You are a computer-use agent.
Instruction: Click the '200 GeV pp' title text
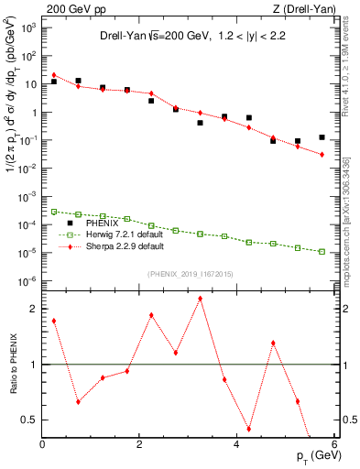pos(75,8)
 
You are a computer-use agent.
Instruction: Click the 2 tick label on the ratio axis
pos(33,309)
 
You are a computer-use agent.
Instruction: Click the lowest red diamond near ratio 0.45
pos(249,429)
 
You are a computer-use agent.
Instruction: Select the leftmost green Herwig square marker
pos(54,212)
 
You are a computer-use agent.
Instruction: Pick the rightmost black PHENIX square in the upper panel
pos(322,137)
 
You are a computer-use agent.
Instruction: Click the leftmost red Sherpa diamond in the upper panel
pos(54,75)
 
